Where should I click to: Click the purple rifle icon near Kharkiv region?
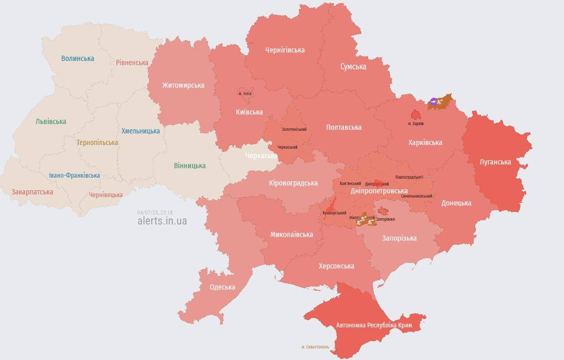point(433,101)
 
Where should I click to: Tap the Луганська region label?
point(495,162)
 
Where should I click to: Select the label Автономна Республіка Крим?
point(374,325)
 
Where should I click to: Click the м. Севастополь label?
point(315,347)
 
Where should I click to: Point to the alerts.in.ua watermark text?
point(162,221)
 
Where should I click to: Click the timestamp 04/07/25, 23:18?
point(155,212)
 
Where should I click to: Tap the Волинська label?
point(77,58)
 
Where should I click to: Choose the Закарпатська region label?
point(32,192)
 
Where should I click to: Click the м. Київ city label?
point(245,94)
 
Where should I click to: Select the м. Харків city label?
point(416,124)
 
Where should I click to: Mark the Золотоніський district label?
point(294,129)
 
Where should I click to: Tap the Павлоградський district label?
point(409,177)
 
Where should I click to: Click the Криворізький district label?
point(335,213)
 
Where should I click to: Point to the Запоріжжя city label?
point(385,219)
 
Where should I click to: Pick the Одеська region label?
point(222,287)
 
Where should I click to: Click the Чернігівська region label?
point(285,50)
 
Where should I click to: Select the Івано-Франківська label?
point(75,175)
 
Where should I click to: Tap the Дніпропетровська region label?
point(379,191)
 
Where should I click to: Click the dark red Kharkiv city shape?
point(415,115)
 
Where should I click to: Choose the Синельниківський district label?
point(416,196)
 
